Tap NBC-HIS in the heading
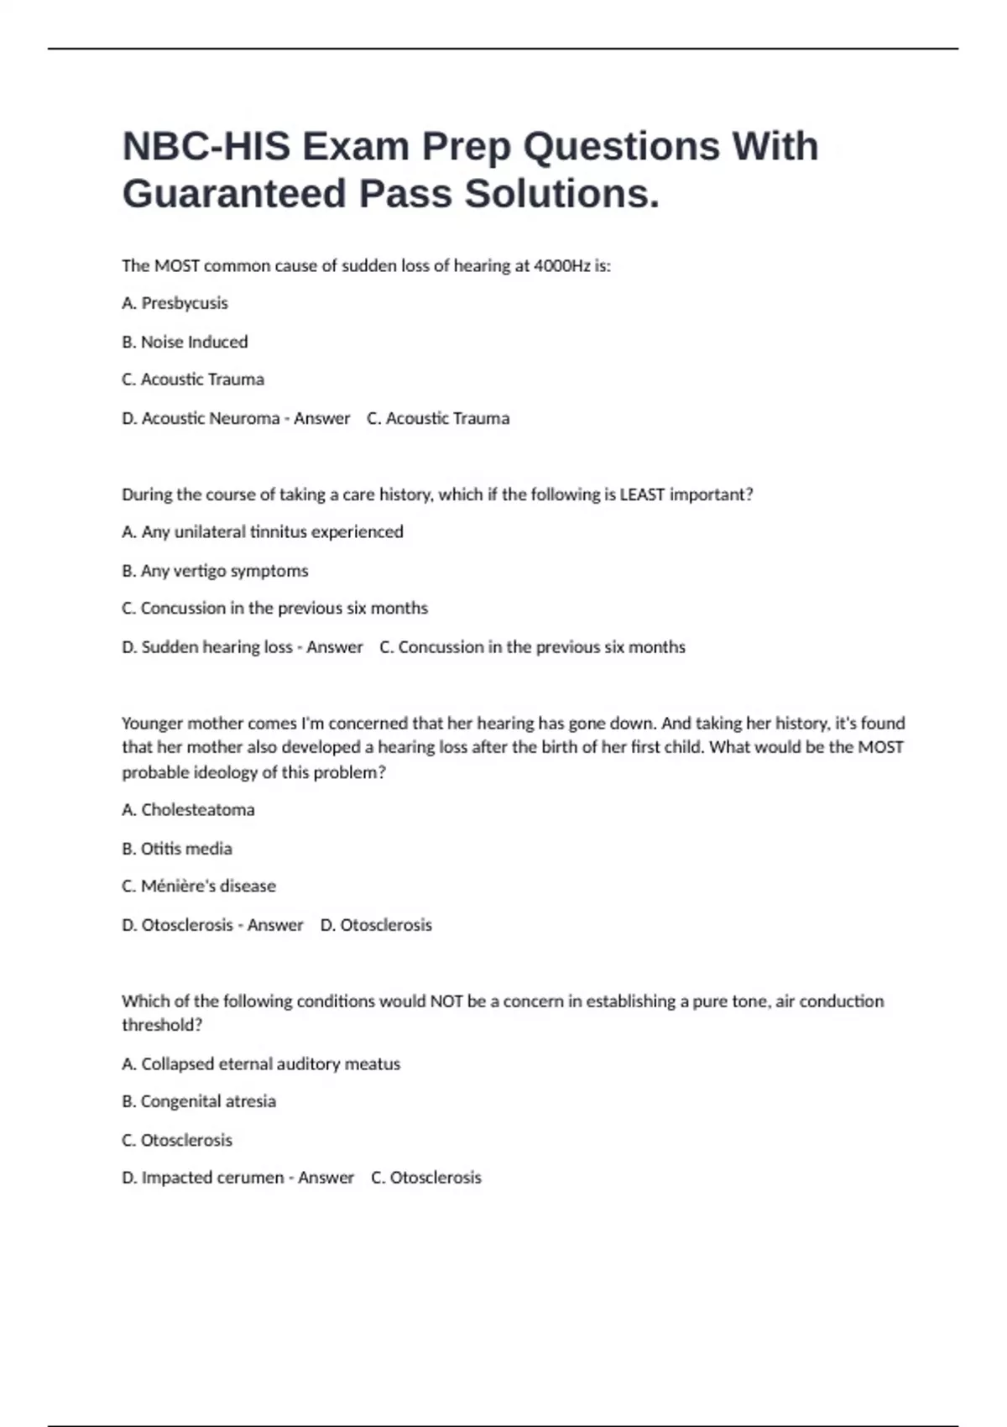(206, 146)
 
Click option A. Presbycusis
(175, 303)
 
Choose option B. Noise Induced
(185, 342)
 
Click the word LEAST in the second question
(642, 494)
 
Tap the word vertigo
(200, 571)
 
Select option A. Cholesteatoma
(188, 810)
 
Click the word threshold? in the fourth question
(162, 1025)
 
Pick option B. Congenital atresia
(199, 1101)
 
